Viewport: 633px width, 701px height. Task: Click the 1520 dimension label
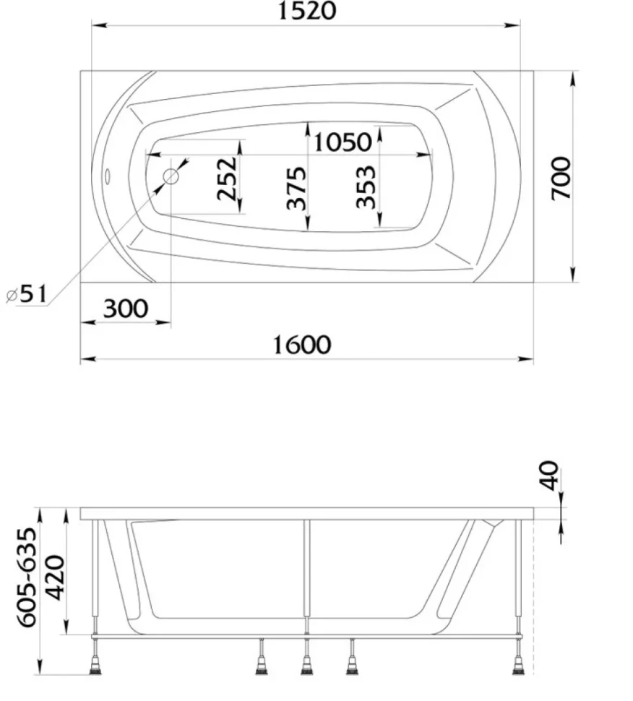(x=306, y=11)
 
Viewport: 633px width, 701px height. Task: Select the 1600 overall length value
(x=302, y=345)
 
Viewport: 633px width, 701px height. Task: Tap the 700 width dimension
(x=561, y=178)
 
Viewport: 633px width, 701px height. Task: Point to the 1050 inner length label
(x=343, y=142)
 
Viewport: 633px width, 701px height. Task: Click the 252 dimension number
(x=227, y=178)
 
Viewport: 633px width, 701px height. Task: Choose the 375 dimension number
(x=296, y=188)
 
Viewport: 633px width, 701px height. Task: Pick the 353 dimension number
(x=366, y=186)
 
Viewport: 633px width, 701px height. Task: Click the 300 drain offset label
(x=126, y=309)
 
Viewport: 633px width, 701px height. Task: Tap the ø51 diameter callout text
(x=27, y=294)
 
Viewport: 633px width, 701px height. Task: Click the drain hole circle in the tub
(x=171, y=176)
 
